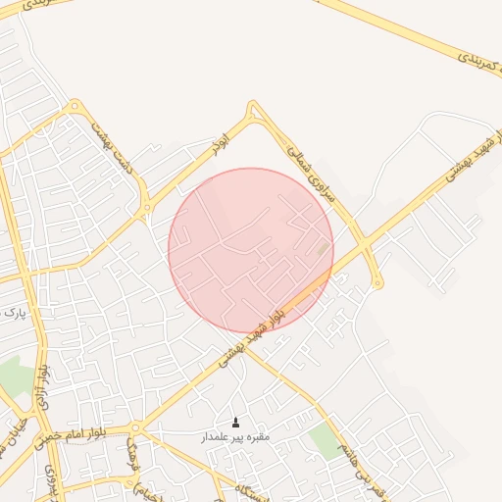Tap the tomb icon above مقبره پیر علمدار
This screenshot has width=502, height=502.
click(234, 423)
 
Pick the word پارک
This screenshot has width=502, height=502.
click(12, 314)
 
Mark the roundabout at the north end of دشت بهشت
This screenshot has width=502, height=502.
click(74, 106)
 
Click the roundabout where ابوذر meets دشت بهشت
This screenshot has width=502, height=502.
click(148, 205)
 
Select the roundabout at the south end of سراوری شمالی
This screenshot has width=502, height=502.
click(377, 283)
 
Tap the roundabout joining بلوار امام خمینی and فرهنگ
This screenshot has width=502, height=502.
click(136, 428)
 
